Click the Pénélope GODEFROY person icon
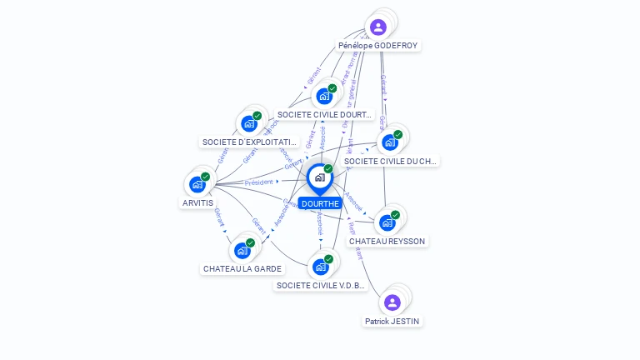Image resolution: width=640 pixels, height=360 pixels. pyautogui.click(x=378, y=27)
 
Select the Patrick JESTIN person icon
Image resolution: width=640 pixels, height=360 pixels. pyautogui.click(x=392, y=302)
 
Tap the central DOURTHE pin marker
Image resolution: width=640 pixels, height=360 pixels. pyautogui.click(x=319, y=178)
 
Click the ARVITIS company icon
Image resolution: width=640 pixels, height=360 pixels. pyautogui.click(x=197, y=184)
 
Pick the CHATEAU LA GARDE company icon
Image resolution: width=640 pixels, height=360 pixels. pyautogui.click(x=242, y=251)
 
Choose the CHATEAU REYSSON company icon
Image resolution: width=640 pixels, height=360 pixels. pyautogui.click(x=387, y=222)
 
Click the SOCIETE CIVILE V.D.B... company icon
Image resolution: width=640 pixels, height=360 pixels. pyautogui.click(x=321, y=267)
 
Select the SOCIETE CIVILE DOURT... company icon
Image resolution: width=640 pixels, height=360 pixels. pyautogui.click(x=324, y=96)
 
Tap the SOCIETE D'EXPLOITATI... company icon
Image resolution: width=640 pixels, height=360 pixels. pyautogui.click(x=249, y=123)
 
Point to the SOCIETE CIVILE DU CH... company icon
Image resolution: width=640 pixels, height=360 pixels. pyautogui.click(x=390, y=142)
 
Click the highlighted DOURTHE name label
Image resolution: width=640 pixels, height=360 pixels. pyautogui.click(x=320, y=203)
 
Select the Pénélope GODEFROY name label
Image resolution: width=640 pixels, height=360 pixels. pyautogui.click(x=378, y=45)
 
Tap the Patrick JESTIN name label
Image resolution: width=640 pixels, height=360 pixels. pyautogui.click(x=392, y=321)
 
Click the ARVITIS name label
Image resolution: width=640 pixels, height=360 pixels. pyautogui.click(x=197, y=202)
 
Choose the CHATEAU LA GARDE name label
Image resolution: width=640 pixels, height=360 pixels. pyautogui.click(x=242, y=268)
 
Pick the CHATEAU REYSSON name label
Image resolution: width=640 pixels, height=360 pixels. pyautogui.click(x=387, y=241)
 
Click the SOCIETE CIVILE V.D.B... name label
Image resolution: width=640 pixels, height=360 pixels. pyautogui.click(x=321, y=285)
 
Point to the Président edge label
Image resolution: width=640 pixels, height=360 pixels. pyautogui.click(x=258, y=182)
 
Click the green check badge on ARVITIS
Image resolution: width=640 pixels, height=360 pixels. pyautogui.click(x=205, y=177)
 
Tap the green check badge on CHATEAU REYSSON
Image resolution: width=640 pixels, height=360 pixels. pyautogui.click(x=395, y=215)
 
